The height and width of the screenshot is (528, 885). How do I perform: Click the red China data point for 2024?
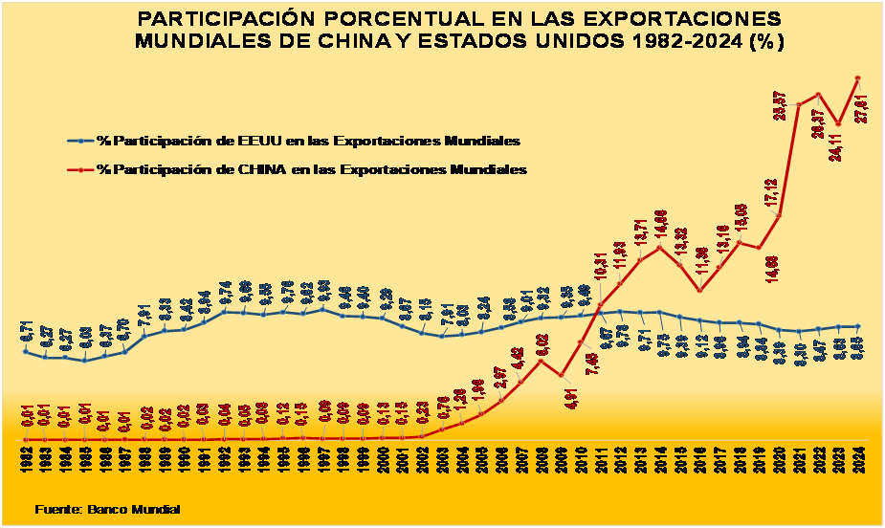(x=858, y=77)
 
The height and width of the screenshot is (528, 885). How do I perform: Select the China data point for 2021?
(x=798, y=104)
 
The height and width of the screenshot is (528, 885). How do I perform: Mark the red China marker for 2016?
(x=699, y=290)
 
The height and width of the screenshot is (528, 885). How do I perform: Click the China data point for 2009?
(x=561, y=376)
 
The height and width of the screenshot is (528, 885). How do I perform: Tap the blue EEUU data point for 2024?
(x=858, y=326)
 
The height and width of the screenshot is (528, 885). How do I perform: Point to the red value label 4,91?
(x=571, y=397)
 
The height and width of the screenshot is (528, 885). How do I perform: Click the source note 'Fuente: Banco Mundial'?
(x=107, y=509)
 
